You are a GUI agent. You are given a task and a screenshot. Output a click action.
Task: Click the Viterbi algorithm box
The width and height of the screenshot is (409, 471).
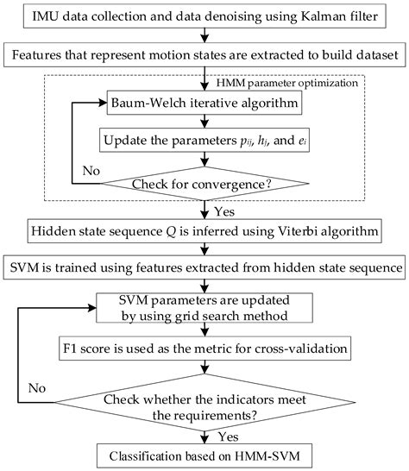click(x=204, y=231)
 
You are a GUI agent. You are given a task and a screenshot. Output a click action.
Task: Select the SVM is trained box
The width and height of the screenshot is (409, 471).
click(x=204, y=268)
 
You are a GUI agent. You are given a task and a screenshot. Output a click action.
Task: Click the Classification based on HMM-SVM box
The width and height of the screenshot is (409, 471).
click(x=204, y=455)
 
